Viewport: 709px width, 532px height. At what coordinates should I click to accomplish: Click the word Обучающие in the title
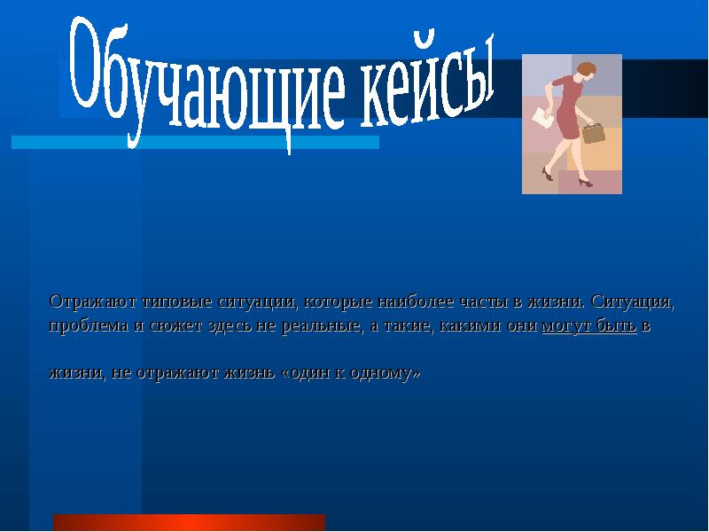204,84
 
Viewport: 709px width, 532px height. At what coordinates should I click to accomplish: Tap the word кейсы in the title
425,78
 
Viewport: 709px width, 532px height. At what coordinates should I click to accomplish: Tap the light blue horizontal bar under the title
195,142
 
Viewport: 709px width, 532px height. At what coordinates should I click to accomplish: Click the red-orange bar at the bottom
189,522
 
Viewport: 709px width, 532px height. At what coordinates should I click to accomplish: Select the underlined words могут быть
588,325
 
